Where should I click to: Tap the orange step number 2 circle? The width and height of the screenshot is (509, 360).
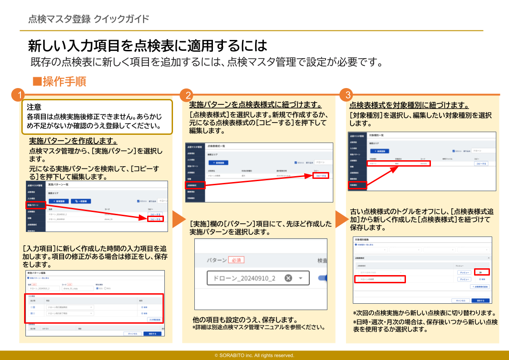click(x=186, y=95)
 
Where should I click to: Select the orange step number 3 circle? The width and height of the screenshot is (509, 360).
click(x=347, y=95)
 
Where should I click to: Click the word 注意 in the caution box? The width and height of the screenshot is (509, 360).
click(x=34, y=108)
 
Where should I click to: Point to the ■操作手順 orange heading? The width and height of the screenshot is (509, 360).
click(x=59, y=82)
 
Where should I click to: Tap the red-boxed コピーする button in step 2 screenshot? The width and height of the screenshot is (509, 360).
click(x=321, y=175)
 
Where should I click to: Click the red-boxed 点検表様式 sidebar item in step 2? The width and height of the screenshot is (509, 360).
click(x=195, y=185)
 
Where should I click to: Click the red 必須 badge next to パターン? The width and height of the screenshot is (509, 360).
click(x=236, y=260)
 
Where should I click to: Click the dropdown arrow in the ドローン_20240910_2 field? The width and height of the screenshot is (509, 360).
click(x=301, y=278)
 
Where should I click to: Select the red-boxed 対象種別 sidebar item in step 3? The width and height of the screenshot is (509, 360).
click(x=357, y=185)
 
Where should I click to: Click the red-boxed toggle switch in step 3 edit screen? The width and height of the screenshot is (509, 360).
click(x=481, y=271)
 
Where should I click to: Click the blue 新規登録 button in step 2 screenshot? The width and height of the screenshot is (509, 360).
click(x=218, y=163)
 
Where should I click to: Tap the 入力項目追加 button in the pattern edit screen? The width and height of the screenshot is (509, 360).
click(x=154, y=320)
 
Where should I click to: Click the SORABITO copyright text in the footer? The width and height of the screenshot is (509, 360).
click(x=254, y=355)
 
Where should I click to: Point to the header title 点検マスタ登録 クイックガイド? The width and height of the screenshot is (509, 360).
click(x=89, y=19)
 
